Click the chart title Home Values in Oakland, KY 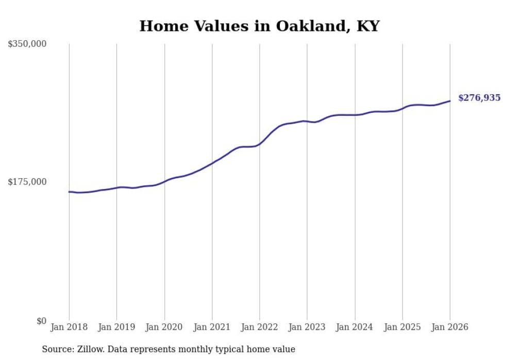259,26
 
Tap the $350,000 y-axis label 27,44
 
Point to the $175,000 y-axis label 27,182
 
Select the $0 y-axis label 41,321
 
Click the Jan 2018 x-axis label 69,327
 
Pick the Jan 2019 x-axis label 116,327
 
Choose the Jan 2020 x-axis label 164,327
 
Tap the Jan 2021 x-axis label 212,327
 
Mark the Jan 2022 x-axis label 260,327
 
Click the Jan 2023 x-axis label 307,327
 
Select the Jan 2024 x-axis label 355,327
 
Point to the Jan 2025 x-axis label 402,327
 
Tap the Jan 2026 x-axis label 450,327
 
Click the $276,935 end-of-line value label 479,98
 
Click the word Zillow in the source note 88,350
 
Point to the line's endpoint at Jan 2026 450,101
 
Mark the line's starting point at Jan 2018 69,192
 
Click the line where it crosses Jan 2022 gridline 260,144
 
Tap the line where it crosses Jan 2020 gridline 164,181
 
